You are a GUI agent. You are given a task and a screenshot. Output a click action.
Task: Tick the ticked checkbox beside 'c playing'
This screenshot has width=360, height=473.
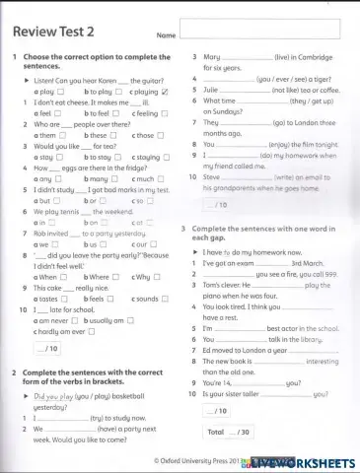[x=165, y=91]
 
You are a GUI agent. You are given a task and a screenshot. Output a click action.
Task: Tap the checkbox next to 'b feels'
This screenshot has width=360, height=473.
[x=109, y=299]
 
